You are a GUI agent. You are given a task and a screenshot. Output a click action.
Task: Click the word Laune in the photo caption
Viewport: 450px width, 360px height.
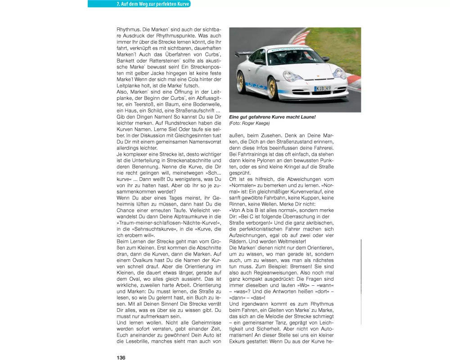click(x=304, y=117)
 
